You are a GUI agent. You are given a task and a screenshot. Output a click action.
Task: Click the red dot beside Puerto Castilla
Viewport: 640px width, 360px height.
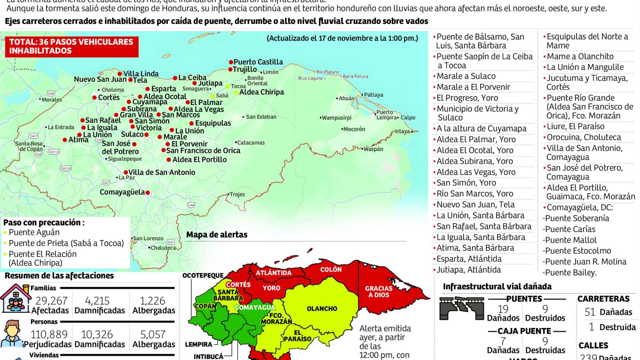tap(231, 62)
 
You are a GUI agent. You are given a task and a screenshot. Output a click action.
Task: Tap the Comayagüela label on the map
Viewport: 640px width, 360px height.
tap(122, 192)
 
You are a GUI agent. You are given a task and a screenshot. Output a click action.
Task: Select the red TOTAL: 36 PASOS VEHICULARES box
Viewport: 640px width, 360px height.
tap(71, 46)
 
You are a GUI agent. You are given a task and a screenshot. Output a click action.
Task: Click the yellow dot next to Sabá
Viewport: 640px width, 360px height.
tap(212, 96)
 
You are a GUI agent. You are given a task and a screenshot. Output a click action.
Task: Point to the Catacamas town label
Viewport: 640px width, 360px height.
tap(251, 143)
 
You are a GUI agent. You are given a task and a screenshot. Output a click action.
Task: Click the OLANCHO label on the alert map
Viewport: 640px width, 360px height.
tap(322, 309)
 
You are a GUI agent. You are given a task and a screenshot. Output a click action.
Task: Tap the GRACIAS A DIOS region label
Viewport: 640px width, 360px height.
tap(379, 292)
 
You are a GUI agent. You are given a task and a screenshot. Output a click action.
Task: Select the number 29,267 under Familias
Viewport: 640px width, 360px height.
tap(51, 301)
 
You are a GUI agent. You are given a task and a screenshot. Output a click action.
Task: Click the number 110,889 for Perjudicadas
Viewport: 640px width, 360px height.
tap(49, 334)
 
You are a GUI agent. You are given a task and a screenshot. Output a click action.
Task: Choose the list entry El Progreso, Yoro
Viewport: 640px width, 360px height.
tap(467, 98)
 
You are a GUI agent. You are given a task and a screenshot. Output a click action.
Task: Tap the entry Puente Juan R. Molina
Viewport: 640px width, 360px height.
tap(585, 262)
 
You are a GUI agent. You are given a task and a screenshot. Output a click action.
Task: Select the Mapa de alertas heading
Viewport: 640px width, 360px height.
tap(217, 235)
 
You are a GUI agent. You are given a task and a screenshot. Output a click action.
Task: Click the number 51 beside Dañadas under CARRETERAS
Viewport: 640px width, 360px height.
tap(590, 312)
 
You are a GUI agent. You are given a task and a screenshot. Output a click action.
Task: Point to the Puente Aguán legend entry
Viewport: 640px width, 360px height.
tap(34, 232)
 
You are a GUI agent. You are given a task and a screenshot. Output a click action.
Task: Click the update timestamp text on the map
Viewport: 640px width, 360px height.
tap(342, 38)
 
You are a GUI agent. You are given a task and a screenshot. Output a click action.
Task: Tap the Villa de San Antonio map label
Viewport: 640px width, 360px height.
tap(162, 172)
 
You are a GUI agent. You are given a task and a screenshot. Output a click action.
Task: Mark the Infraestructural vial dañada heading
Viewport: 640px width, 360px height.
tap(497, 287)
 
